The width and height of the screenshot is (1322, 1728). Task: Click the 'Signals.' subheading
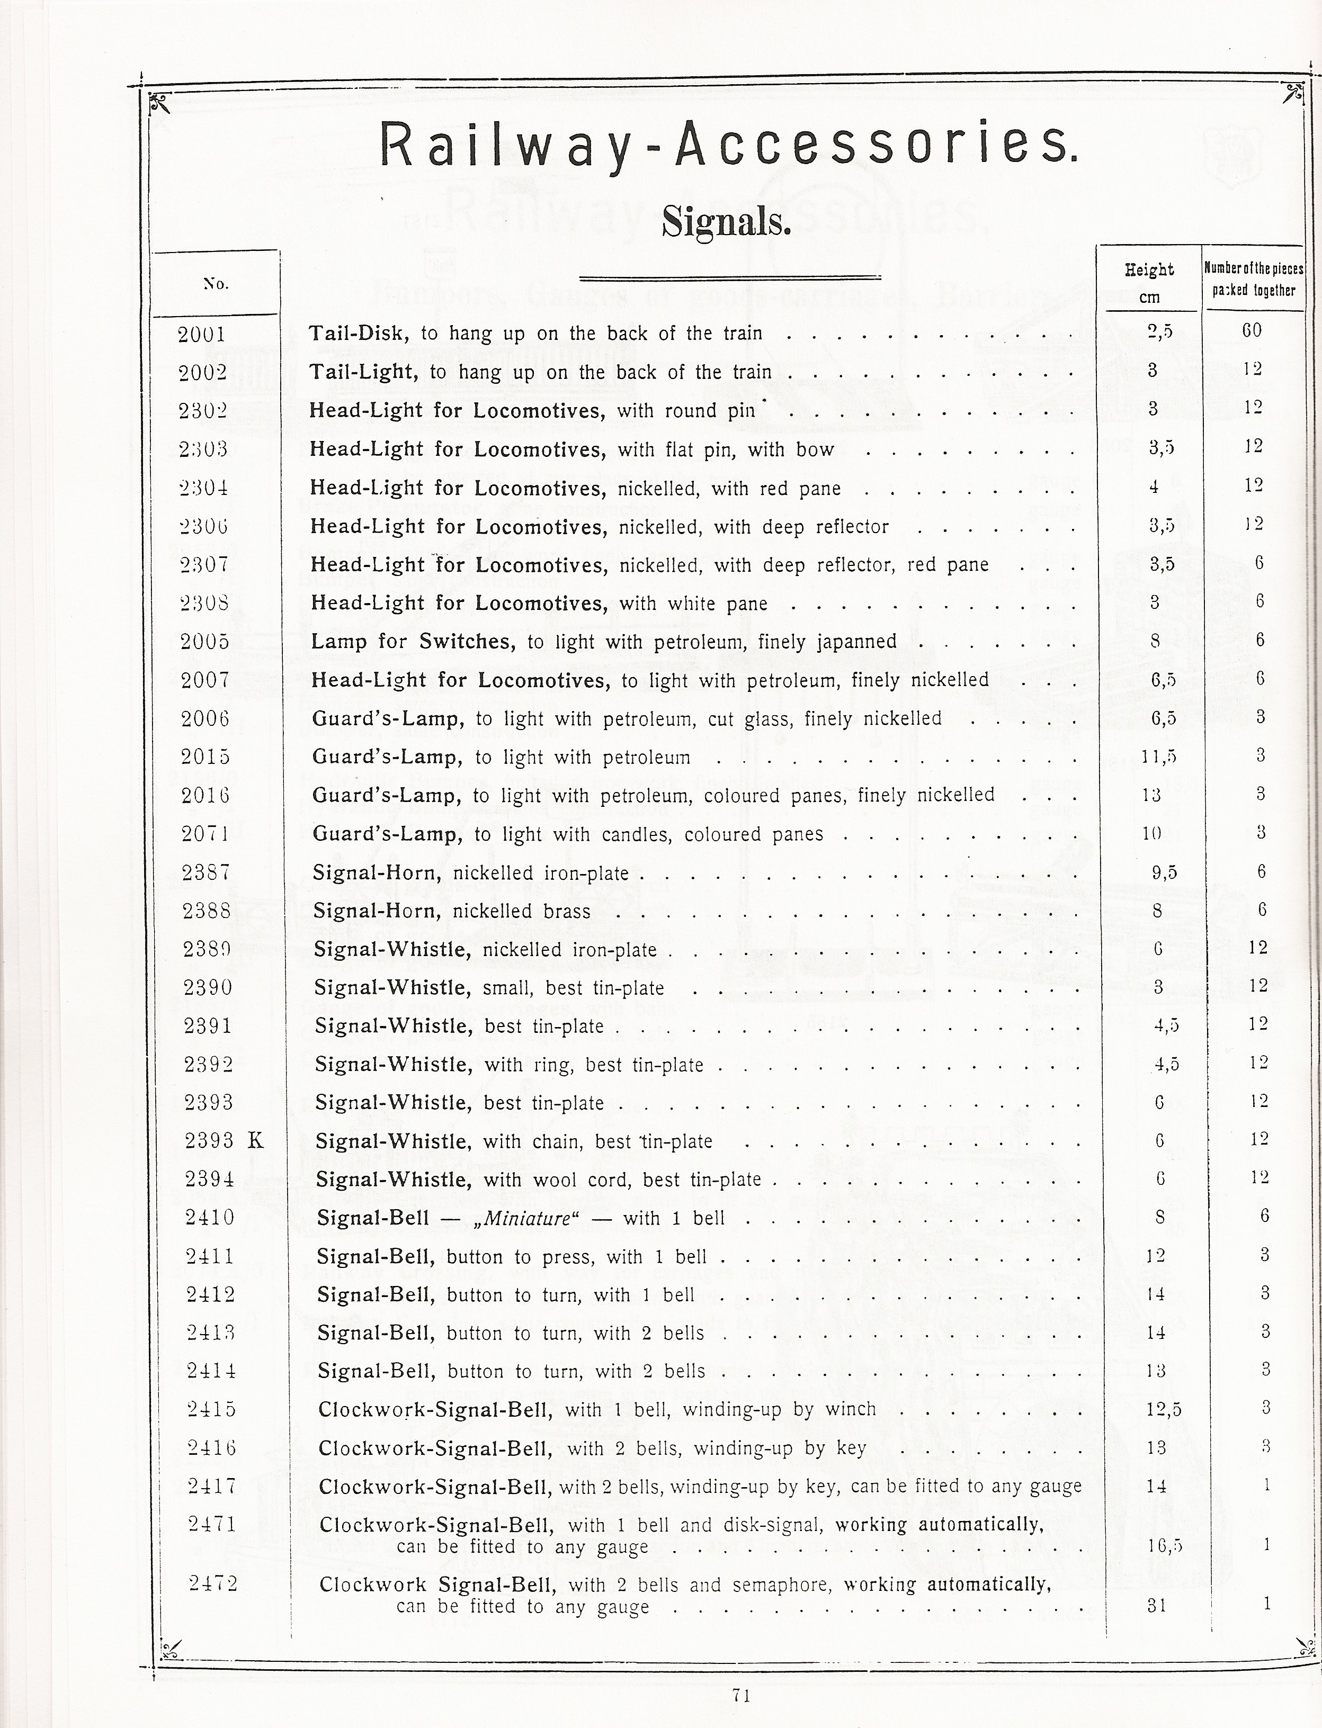[x=726, y=222]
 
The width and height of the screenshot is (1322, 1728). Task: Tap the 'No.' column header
[x=216, y=284]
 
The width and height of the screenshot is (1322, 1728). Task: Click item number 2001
[x=201, y=334]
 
